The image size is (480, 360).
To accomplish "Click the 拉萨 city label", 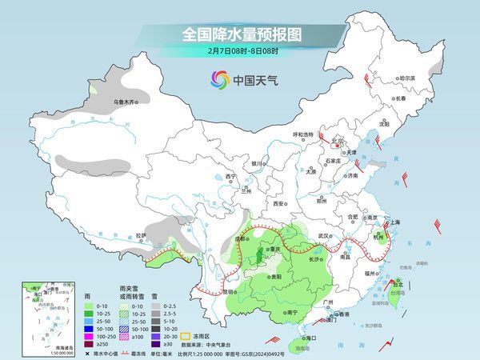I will tap(141, 235).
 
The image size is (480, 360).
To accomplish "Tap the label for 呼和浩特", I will tap(304, 134).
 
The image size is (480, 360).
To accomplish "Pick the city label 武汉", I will tap(323, 236).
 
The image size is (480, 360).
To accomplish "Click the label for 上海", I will tap(394, 222).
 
